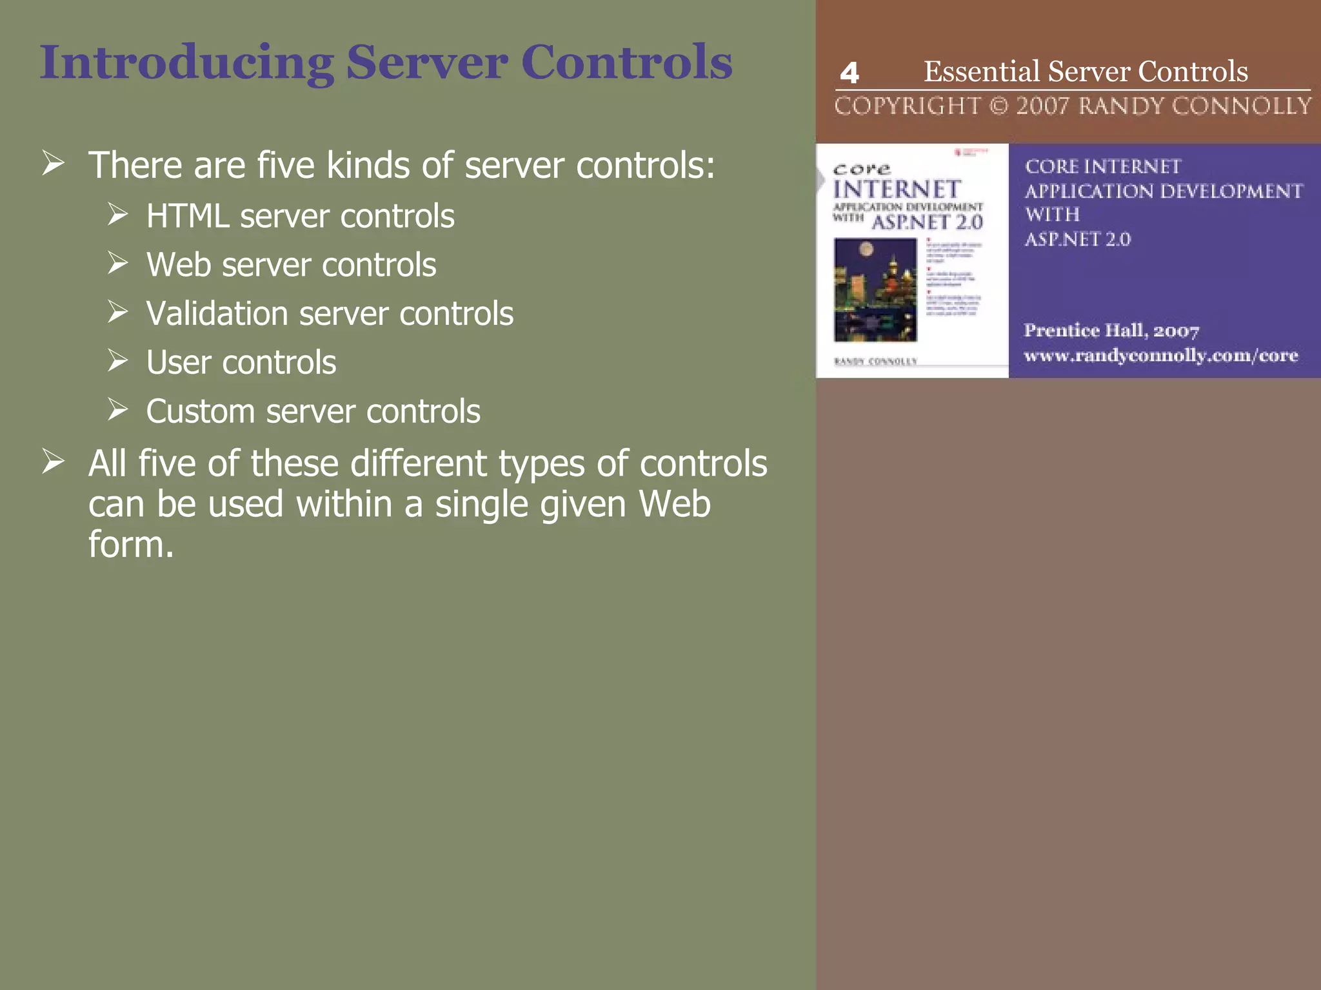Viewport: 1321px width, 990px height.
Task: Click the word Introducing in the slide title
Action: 186,63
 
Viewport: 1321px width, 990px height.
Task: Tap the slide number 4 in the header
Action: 849,73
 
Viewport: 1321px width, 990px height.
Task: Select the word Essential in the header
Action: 981,72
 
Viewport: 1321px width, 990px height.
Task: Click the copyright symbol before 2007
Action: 998,106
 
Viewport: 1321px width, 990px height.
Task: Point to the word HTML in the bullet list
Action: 187,216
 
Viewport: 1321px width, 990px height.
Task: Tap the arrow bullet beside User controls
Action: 118,361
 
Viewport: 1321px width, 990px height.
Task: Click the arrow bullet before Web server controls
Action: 118,263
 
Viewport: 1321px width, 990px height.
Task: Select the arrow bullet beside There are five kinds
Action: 54,163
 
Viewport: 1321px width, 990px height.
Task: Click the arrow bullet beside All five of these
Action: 54,461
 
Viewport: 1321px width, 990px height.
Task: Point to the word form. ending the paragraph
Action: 131,545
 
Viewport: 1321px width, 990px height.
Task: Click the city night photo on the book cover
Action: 875,289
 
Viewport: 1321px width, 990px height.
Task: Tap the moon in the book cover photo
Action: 867,249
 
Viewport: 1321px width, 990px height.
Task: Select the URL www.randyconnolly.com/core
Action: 1160,356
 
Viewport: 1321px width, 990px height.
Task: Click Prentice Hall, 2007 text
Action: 1111,331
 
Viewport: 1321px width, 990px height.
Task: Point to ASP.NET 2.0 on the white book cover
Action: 928,223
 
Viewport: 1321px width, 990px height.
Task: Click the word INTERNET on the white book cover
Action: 897,189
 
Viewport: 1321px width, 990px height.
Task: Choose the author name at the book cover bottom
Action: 875,362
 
